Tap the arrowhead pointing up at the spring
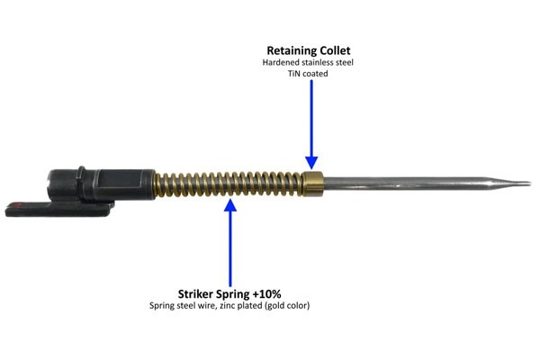click(230, 203)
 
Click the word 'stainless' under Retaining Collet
click(316, 63)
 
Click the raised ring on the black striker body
click(80, 179)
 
